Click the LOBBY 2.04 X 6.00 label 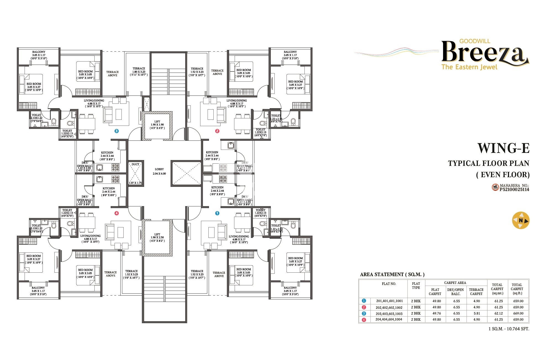(x=159, y=171)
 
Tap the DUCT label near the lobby (x=135, y=164)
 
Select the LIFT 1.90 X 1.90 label (x=157, y=125)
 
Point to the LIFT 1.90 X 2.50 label (x=157, y=237)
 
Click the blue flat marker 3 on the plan (x=116, y=131)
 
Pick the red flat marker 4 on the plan (x=116, y=213)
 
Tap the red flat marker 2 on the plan (x=217, y=131)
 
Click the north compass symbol (x=521, y=220)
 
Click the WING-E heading (x=503, y=148)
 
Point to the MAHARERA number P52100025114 (x=514, y=189)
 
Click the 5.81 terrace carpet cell (x=476, y=313)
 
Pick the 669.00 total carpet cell (x=518, y=313)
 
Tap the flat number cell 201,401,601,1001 (x=389, y=301)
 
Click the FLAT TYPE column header (x=416, y=286)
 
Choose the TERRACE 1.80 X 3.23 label (x=139, y=71)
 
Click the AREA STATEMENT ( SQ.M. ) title (x=392, y=274)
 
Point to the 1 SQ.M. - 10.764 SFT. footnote (x=508, y=329)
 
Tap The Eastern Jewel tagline (x=469, y=67)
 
